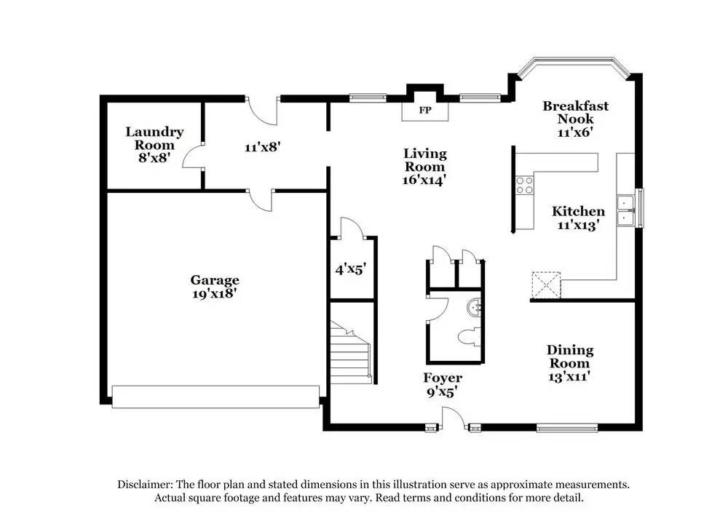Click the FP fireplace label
click(425, 111)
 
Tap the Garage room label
click(215, 287)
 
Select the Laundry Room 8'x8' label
click(154, 144)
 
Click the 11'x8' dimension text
click(262, 146)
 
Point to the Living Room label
click(425, 166)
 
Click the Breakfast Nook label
click(575, 119)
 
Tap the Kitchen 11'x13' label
click(578, 218)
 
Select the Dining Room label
click(569, 363)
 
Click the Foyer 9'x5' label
click(443, 385)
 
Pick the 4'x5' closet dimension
click(350, 269)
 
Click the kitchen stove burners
click(523, 186)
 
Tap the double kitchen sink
click(624, 210)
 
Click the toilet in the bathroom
click(467, 338)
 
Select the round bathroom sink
click(475, 308)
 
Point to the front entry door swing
click(453, 418)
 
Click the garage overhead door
click(215, 397)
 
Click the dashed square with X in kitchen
click(545, 285)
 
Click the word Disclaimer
click(144, 484)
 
